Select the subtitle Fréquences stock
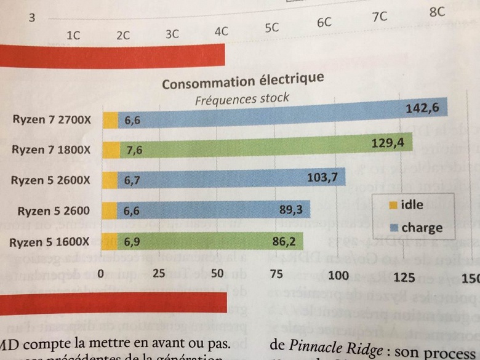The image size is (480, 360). tap(242, 98)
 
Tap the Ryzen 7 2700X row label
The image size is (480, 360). tap(52, 120)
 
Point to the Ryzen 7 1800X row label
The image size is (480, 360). tap(51, 150)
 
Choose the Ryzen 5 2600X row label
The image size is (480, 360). tap(51, 180)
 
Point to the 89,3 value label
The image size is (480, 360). tap(293, 210)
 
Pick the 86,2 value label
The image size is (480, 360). tap(284, 241)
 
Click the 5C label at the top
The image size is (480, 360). tap(271, 28)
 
